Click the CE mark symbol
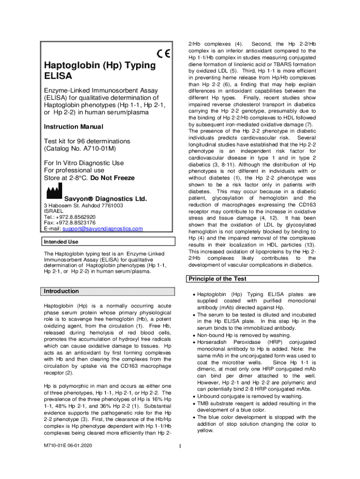point(164,54)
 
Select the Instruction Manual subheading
point(73,127)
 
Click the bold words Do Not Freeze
point(112,178)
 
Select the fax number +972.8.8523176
point(77,223)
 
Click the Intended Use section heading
point(61,242)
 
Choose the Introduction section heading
point(61,291)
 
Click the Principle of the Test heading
point(217,279)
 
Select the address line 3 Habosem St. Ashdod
point(83,205)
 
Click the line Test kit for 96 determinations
point(87,141)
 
